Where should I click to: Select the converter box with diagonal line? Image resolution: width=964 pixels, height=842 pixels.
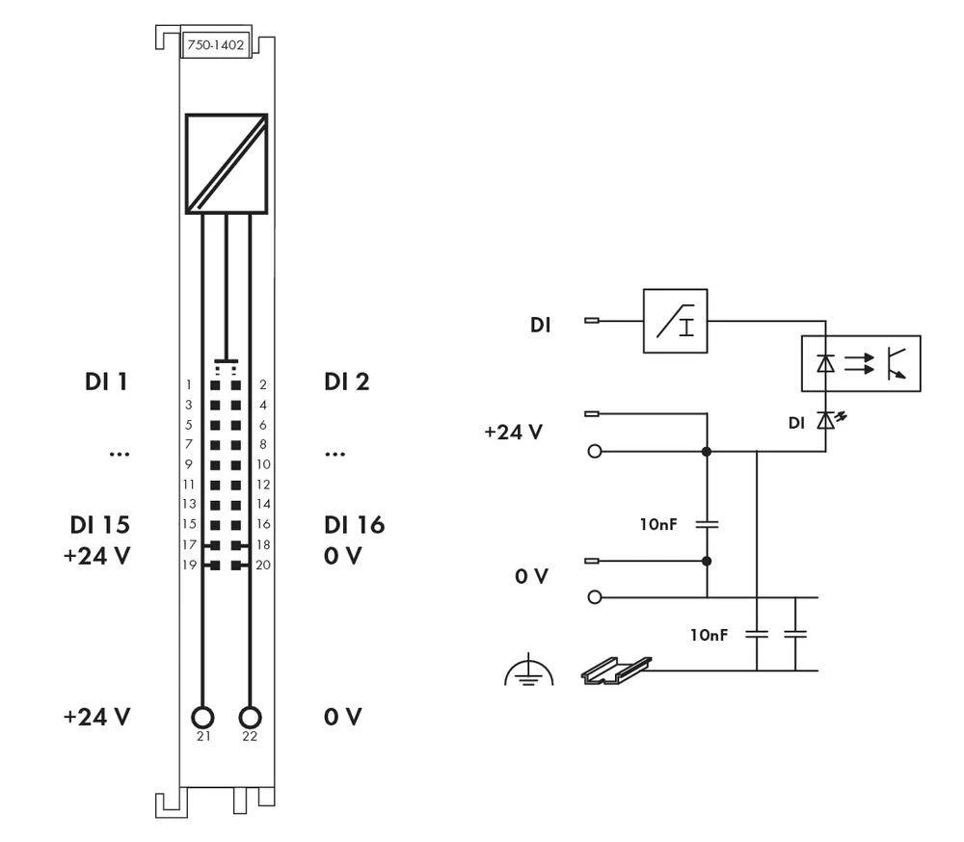[x=227, y=163]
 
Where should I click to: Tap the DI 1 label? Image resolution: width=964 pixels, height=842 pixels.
[x=105, y=382]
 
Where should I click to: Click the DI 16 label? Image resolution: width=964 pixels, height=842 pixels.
[x=354, y=525]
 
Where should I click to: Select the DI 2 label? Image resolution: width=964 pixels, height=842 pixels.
[x=347, y=382]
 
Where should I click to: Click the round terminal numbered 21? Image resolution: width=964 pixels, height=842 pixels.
[x=202, y=718]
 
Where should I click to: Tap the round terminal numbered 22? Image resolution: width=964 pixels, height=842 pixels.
[x=251, y=718]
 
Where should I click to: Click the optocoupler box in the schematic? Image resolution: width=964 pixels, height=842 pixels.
[x=861, y=363]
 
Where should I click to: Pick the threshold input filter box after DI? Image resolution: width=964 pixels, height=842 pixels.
[x=675, y=321]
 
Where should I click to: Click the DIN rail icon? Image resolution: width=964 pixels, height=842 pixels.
[x=617, y=671]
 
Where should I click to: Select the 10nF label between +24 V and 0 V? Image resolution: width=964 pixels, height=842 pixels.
[x=660, y=525]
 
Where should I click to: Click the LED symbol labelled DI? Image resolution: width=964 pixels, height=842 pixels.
[x=825, y=421]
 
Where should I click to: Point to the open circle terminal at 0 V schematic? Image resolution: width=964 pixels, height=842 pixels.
[x=595, y=597]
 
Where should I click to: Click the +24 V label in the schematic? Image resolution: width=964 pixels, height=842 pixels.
[x=513, y=433]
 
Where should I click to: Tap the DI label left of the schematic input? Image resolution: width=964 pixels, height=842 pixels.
[x=541, y=326]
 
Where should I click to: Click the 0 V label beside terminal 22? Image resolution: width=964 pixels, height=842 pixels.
[x=343, y=718]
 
